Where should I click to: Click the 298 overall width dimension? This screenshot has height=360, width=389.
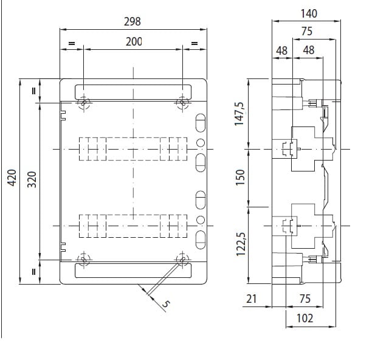tap(133, 22)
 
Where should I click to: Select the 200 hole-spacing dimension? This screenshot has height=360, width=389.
tap(134, 42)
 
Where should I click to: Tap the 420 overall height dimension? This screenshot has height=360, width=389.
tap(12, 178)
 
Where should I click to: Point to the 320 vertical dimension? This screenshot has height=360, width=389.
tap(32, 179)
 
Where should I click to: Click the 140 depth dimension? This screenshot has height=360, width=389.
tap(309, 13)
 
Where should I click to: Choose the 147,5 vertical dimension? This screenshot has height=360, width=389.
tap(239, 114)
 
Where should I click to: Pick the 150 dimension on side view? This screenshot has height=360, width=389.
tap(240, 178)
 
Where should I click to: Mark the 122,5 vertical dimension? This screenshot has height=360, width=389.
tap(241, 244)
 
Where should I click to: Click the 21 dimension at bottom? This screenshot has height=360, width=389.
tap(251, 299)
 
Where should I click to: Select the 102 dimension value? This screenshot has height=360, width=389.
tap(305, 318)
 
